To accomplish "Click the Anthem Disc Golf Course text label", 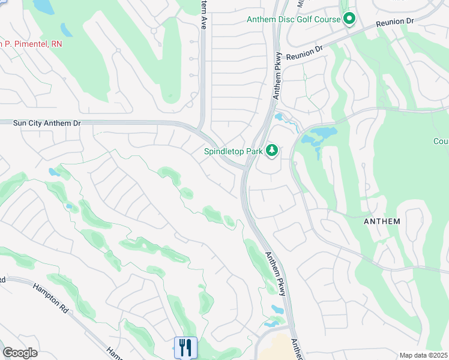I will click(x=293, y=20).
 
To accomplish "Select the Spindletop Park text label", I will click(x=232, y=151).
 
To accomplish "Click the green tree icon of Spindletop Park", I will click(x=272, y=150).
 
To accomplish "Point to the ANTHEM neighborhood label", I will click(x=382, y=221).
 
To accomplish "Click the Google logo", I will click(x=20, y=353).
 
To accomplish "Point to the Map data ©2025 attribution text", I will click(x=424, y=355).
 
